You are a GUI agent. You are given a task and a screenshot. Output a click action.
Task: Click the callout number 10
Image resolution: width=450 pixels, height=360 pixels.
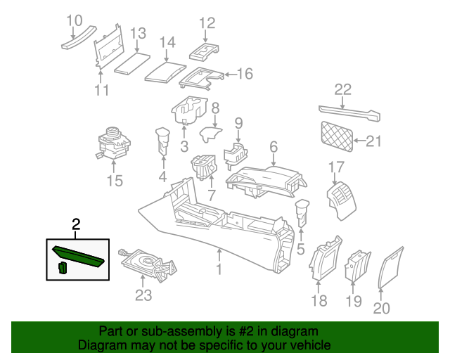pos(75,20)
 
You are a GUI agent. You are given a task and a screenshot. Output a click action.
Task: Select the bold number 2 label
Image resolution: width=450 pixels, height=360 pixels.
pos(77,224)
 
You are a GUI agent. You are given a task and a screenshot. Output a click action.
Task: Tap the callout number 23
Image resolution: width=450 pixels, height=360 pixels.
pos(143,295)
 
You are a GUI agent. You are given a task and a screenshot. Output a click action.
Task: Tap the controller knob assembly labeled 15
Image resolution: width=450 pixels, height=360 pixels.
pos(112,141)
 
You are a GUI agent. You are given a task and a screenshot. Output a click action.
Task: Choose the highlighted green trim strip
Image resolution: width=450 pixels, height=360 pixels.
pos(77,253)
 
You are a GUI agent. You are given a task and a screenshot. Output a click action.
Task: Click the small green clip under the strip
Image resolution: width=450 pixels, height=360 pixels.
pos(62,268)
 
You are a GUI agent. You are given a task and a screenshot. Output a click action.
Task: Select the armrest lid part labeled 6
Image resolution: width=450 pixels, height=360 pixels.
pos(267,176)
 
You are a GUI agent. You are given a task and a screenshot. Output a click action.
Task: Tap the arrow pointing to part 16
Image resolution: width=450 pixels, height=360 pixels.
pos(228,74)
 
